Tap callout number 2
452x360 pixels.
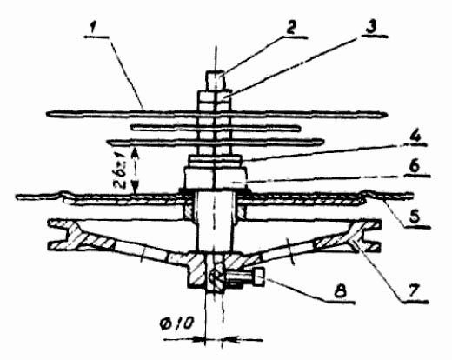[290, 29]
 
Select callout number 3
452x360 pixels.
[371, 28]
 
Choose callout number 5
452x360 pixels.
[415, 217]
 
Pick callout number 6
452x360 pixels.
[415, 167]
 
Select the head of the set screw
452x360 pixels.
[259, 276]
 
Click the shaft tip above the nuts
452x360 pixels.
[216, 81]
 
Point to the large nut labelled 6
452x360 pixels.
[216, 177]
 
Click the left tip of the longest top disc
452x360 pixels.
[48, 114]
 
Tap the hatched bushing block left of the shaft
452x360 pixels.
[189, 211]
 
